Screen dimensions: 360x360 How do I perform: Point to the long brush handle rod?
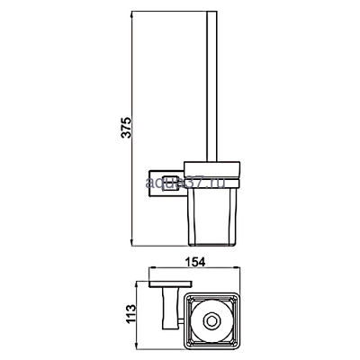[214, 90]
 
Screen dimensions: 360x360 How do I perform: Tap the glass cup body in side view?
[214, 211]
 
